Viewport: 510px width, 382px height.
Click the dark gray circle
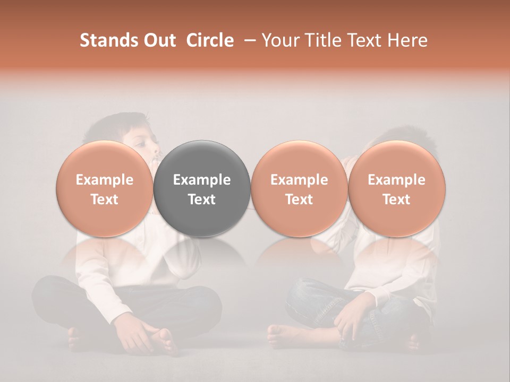202,189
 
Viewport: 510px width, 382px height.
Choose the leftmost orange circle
105,189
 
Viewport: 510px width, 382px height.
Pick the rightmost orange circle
397,189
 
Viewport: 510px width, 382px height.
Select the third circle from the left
299,189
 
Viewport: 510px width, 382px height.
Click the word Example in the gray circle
202,180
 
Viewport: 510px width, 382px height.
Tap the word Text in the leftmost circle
105,199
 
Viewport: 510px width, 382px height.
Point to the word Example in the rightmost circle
397,180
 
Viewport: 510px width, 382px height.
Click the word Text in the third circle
299,199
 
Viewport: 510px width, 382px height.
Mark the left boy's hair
114,125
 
